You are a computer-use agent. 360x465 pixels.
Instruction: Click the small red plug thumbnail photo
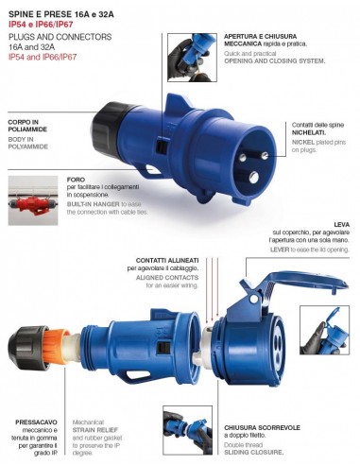click(34, 203)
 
